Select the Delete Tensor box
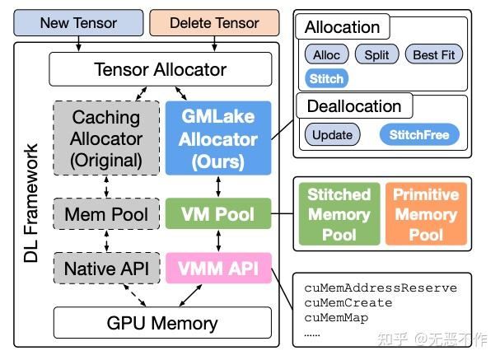213,22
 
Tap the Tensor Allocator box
161,69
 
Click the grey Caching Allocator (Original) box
106,138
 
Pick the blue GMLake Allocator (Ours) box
218,138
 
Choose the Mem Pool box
106,215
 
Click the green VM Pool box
218,215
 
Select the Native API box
106,268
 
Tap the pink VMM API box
218,268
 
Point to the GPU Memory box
161,321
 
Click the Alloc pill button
326,55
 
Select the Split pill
376,55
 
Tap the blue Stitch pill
326,79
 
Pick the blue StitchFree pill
419,134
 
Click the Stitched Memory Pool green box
339,214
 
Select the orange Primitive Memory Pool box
426,214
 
